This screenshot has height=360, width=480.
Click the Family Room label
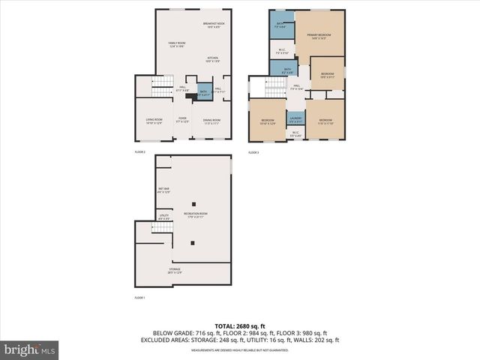176,45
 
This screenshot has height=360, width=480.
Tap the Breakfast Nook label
214,25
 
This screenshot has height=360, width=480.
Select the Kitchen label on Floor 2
213,59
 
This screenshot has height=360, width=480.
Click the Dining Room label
211,121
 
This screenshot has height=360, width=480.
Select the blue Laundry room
295,118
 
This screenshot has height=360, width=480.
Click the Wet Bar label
163,190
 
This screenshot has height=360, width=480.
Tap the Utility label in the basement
163,217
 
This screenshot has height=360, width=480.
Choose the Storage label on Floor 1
174,271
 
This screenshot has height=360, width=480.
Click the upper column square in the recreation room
193,204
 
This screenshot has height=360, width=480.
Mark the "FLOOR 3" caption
253,153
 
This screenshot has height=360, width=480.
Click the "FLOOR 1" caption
139,298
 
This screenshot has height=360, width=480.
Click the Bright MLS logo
30,349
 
